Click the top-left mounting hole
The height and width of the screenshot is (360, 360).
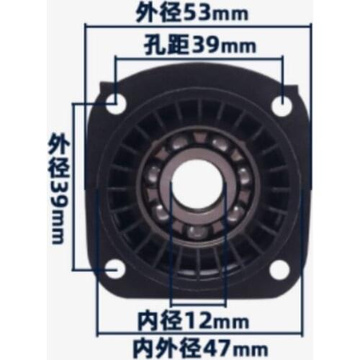115,104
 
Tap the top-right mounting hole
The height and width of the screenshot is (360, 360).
282,104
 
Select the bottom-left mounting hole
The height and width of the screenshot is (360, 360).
115,269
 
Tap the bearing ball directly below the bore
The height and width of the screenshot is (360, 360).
197,233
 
